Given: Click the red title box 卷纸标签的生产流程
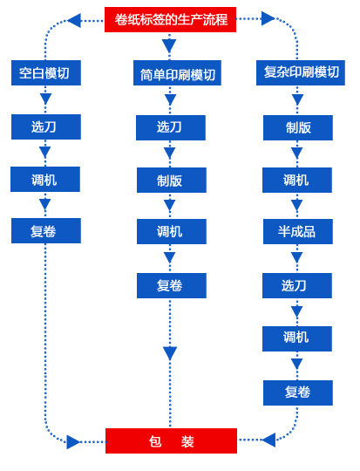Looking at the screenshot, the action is point(170,19).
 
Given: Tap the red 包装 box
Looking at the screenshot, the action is point(171,441).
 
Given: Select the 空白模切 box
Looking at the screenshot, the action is point(46,72).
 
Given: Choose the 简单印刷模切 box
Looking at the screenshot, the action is point(177,72).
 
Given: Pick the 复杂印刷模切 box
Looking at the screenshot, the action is point(301,72).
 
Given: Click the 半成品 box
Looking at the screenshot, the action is point(298,232).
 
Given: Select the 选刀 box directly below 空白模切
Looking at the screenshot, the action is point(46,126).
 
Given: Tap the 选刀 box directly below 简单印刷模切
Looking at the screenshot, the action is point(171,127).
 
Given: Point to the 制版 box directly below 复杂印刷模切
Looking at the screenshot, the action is point(298,127).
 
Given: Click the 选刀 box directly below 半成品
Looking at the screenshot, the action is point(297,286).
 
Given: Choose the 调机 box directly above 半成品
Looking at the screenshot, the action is point(297,181).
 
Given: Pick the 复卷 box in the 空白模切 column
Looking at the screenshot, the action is point(46,230).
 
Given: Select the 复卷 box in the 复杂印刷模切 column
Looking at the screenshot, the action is point(298,392).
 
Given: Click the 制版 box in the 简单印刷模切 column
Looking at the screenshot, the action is point(172,181).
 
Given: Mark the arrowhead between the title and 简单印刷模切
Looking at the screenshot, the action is point(169,46).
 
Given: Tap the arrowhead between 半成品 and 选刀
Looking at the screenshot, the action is point(297,257).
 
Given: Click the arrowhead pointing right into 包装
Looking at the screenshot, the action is point(73,442).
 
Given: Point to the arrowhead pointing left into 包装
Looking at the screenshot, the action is point(268,440).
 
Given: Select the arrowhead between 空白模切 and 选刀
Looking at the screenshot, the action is point(45,99).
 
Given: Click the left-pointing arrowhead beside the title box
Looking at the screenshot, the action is point(74,20).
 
